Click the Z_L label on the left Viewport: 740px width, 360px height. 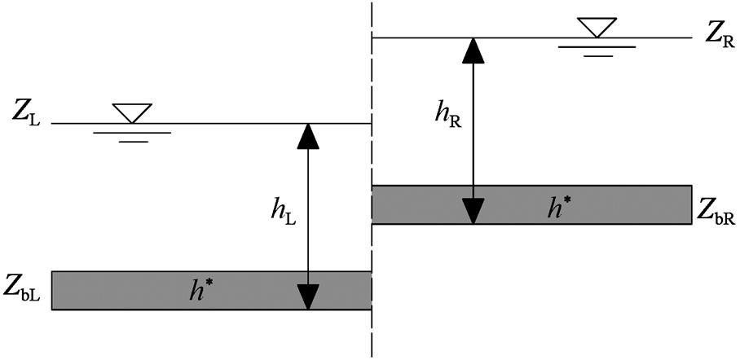click(27, 112)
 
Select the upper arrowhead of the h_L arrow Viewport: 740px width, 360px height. click(307, 135)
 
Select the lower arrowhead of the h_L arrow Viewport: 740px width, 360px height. click(307, 296)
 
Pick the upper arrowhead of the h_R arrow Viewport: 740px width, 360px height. click(472, 50)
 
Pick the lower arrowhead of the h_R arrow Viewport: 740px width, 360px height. click(472, 212)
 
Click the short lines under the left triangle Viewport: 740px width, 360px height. click(131, 137)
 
